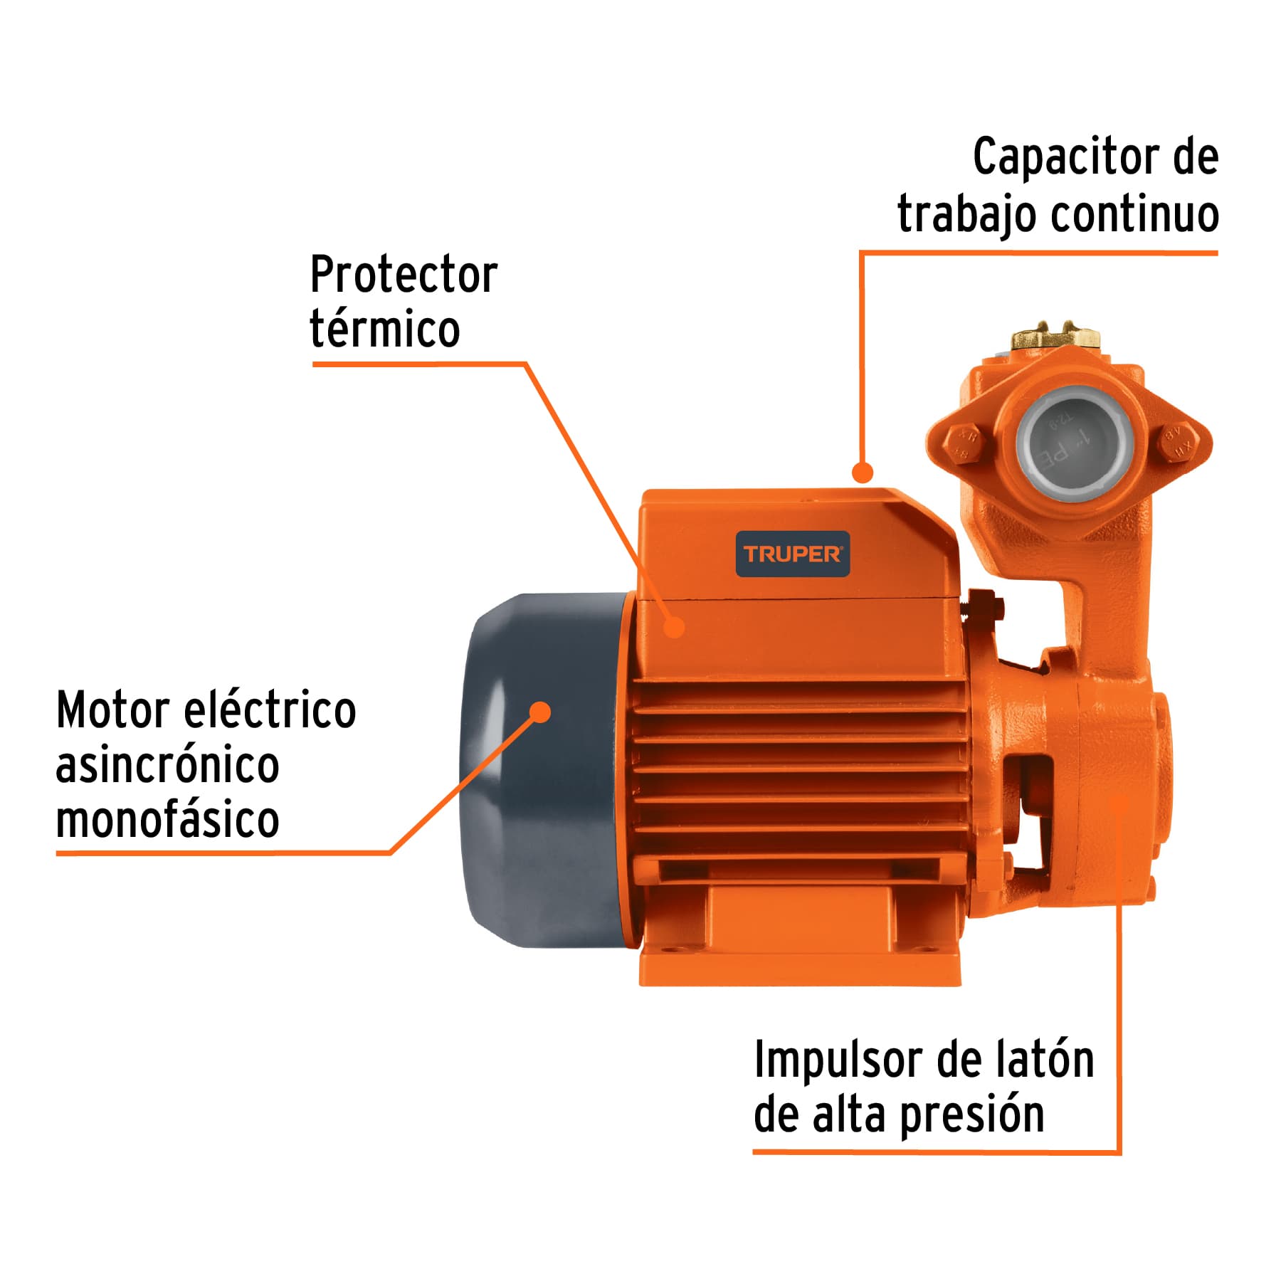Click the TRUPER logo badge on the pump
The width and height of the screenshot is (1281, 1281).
[792, 554]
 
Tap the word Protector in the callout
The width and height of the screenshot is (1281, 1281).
[404, 275]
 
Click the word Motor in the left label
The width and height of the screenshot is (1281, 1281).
[113, 710]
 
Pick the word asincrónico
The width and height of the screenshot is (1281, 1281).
[167, 766]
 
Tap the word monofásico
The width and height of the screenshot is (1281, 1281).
[167, 820]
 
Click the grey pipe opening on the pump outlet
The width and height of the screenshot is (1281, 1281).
[1066, 443]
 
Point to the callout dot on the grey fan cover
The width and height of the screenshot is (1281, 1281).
[541, 712]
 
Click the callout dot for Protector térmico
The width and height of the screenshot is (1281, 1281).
[674, 627]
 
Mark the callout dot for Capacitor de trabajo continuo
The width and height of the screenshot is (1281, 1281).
[863, 472]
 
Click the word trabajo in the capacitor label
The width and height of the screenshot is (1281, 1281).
[966, 214]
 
